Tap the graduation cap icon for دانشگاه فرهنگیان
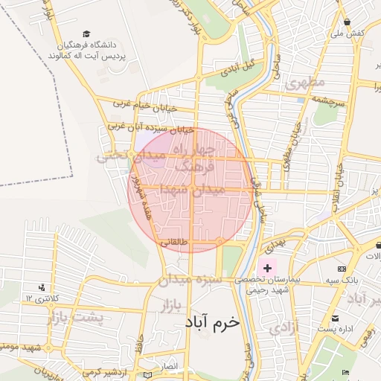tap(86, 34)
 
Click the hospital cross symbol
tap(267, 266)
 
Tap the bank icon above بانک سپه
tap(342, 269)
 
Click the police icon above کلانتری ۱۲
tap(42, 287)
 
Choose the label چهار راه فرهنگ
tap(195, 159)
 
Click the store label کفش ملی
tap(348, 33)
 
